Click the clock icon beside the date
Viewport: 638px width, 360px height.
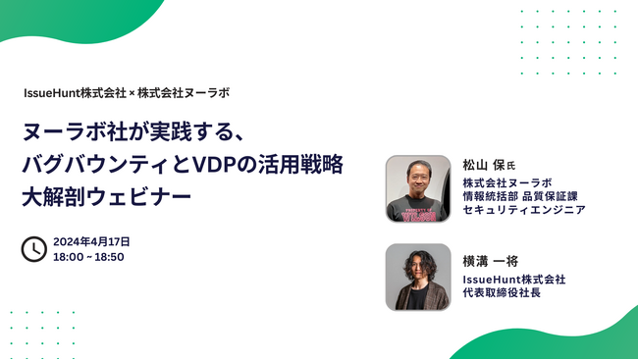point(33,248)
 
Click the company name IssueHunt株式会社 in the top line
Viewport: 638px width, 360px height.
point(76,93)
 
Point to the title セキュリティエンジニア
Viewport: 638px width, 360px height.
point(524,210)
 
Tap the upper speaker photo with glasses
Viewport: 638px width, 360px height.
point(418,188)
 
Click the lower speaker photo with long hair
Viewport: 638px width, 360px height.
point(418,277)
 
